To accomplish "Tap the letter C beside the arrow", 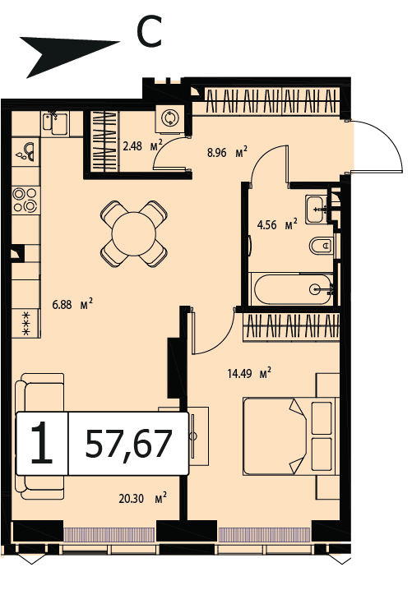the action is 149,31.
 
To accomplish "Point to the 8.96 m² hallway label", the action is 227,152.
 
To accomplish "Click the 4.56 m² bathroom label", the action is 277,224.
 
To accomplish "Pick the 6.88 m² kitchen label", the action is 72,304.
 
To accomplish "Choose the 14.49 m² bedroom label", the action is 249,373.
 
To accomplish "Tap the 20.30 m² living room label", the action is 142,499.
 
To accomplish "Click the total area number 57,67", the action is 128,444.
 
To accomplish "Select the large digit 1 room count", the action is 42,442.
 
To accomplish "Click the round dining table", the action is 134,234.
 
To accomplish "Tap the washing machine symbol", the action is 169,118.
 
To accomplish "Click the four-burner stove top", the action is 25,200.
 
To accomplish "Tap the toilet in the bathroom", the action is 321,245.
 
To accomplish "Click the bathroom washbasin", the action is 317,209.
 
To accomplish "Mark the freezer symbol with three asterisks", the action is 26,324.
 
